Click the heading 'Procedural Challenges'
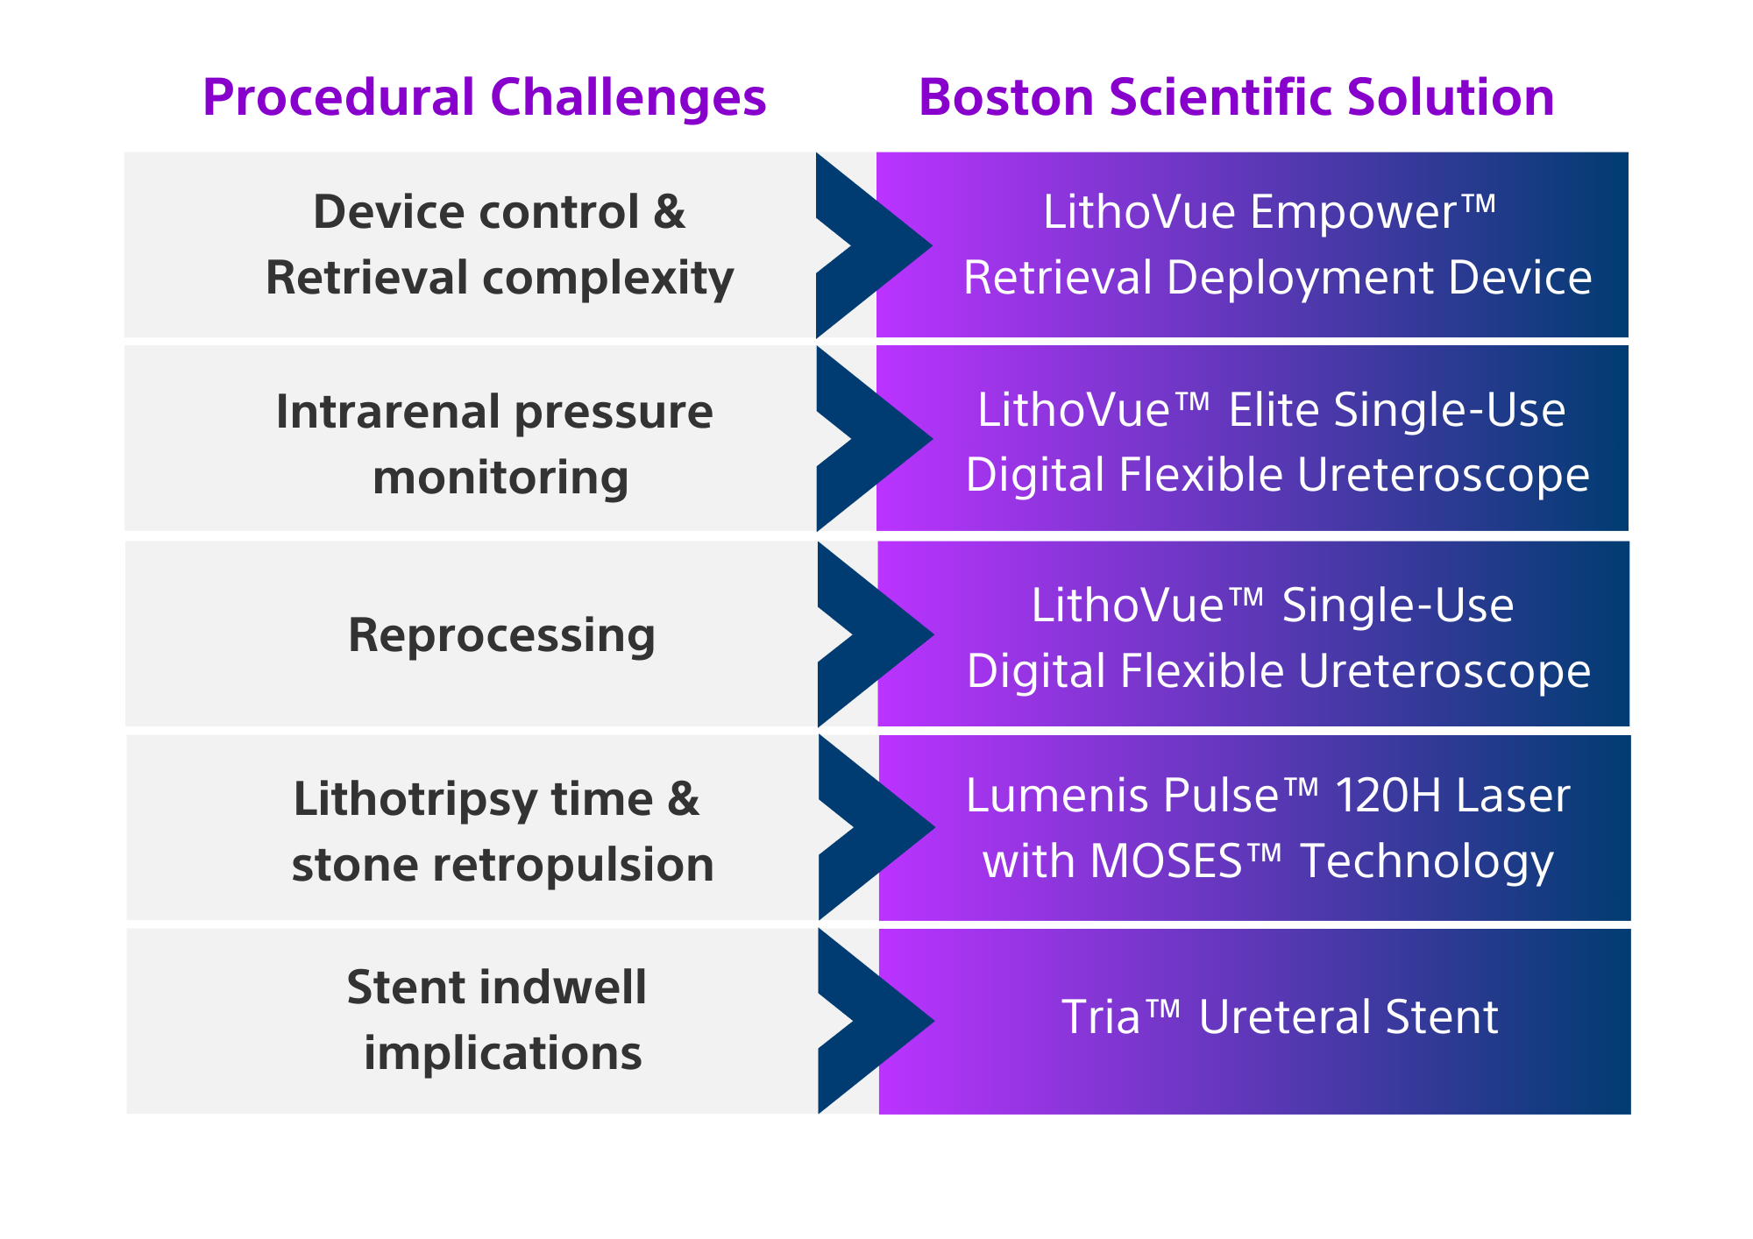(x=485, y=98)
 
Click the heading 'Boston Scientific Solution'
(x=1237, y=97)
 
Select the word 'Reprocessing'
(x=502, y=636)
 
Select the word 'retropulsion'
(x=573, y=866)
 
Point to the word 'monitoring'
(x=500, y=479)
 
